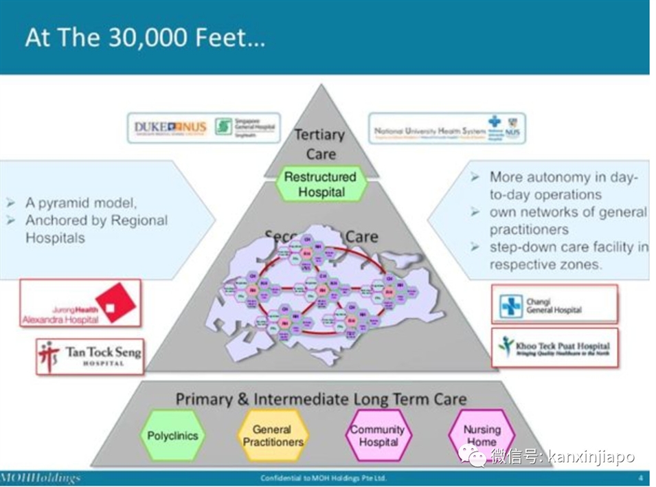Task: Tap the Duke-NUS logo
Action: pos(170,127)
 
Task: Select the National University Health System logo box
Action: pos(446,129)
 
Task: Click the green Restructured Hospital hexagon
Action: pos(321,184)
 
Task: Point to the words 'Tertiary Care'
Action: pos(320,143)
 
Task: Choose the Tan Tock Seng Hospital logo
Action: pos(90,355)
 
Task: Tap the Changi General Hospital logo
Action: pos(554,304)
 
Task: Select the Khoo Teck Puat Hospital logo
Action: pos(554,347)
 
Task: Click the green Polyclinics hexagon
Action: pos(172,435)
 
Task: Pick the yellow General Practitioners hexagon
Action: pos(272,435)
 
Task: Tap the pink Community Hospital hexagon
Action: pos(378,435)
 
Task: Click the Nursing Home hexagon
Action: pos(482,435)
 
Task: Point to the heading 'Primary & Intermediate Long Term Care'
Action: pos(321,399)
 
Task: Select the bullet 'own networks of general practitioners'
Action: pos(567,220)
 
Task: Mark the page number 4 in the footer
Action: pos(640,477)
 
